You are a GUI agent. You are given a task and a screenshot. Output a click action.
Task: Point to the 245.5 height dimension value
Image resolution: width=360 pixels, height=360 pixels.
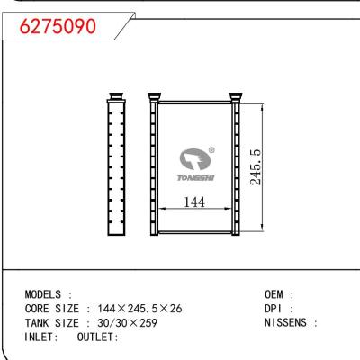click(x=256, y=167)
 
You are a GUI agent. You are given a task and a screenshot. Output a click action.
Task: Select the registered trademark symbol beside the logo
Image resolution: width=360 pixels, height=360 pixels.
click(x=211, y=151)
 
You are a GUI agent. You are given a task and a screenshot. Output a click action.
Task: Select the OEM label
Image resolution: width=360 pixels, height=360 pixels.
click(x=277, y=294)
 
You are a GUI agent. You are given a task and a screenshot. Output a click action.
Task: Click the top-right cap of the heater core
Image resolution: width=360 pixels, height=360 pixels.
click(x=237, y=95)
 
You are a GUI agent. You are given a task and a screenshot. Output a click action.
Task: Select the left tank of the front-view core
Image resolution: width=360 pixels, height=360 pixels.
click(x=154, y=167)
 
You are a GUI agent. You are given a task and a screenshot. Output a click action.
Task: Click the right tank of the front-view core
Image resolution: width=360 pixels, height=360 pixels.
click(x=237, y=167)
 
